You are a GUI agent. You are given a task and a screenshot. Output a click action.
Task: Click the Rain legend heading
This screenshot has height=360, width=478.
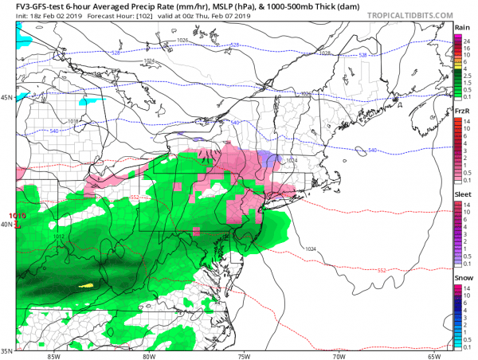coord(461,25)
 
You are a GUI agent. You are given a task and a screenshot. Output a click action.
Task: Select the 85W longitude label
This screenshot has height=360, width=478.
coord(54,356)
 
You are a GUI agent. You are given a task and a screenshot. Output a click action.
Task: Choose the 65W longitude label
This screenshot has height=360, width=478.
coord(434,356)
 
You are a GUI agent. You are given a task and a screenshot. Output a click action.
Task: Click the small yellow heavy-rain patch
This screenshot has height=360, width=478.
coord(88,284)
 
